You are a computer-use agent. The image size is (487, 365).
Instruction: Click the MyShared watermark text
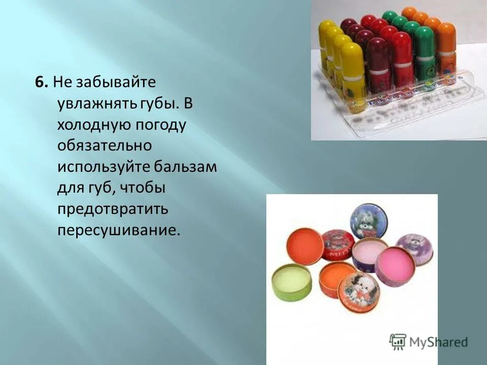tap(439, 341)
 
